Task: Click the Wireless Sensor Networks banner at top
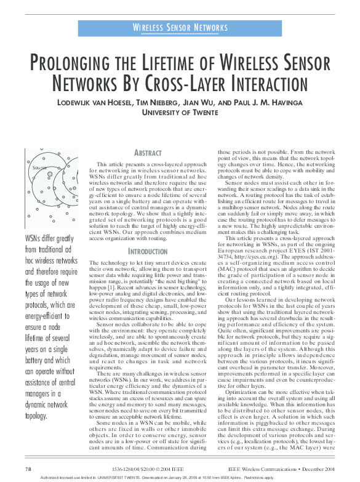(180, 28)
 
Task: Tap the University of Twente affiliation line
(180, 112)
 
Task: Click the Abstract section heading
(150, 153)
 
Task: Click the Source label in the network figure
(39, 167)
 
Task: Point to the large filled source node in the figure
(50, 175)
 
